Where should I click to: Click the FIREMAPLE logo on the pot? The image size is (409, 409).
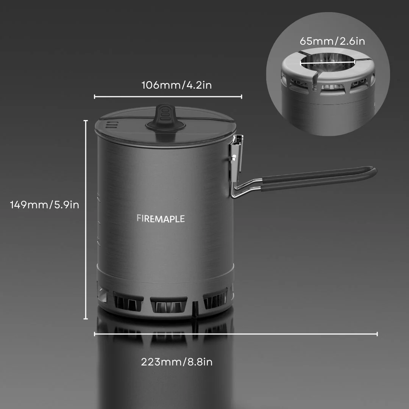[161, 219]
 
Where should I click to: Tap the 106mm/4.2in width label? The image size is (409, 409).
[176, 85]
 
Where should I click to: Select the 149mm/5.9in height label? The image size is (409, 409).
[45, 204]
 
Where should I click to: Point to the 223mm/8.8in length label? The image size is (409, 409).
[176, 362]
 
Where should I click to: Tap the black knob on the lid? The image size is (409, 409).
[164, 117]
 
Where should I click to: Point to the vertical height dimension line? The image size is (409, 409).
[86, 220]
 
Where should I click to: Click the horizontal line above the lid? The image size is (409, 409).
[168, 97]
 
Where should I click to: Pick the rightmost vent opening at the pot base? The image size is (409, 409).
[215, 301]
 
